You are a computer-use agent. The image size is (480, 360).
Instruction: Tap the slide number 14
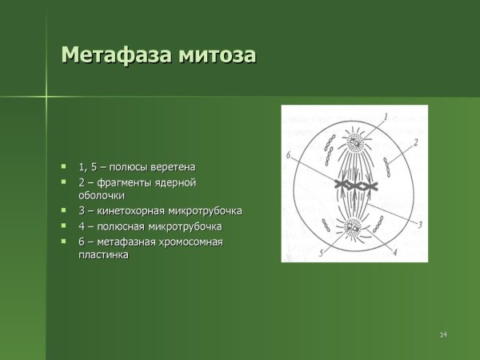442,334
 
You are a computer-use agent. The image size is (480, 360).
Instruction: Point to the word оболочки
102,195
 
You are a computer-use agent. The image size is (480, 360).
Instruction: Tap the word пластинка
103,254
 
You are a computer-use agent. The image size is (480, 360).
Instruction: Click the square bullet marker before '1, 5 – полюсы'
64,166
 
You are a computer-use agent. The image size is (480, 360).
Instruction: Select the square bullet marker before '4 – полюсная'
64,226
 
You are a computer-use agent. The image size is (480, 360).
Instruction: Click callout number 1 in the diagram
385,117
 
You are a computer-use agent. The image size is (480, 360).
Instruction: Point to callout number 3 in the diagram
419,225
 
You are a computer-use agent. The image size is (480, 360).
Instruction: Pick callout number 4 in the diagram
394,252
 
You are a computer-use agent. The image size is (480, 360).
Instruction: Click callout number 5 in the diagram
322,253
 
